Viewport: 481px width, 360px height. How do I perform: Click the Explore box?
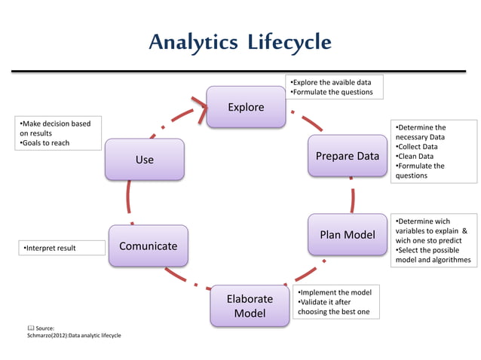click(x=246, y=107)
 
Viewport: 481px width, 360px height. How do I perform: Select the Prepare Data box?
click(x=347, y=157)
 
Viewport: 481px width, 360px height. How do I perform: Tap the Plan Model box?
click(x=347, y=235)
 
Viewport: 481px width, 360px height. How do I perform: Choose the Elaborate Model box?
click(x=249, y=306)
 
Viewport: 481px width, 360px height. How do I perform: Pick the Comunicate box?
click(x=148, y=246)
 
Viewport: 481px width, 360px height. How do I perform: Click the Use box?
click(x=144, y=160)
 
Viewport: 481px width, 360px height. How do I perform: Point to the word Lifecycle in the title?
click(x=290, y=42)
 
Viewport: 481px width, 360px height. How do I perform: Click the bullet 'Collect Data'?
click(x=417, y=147)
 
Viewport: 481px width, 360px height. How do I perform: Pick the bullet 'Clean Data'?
click(x=415, y=157)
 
